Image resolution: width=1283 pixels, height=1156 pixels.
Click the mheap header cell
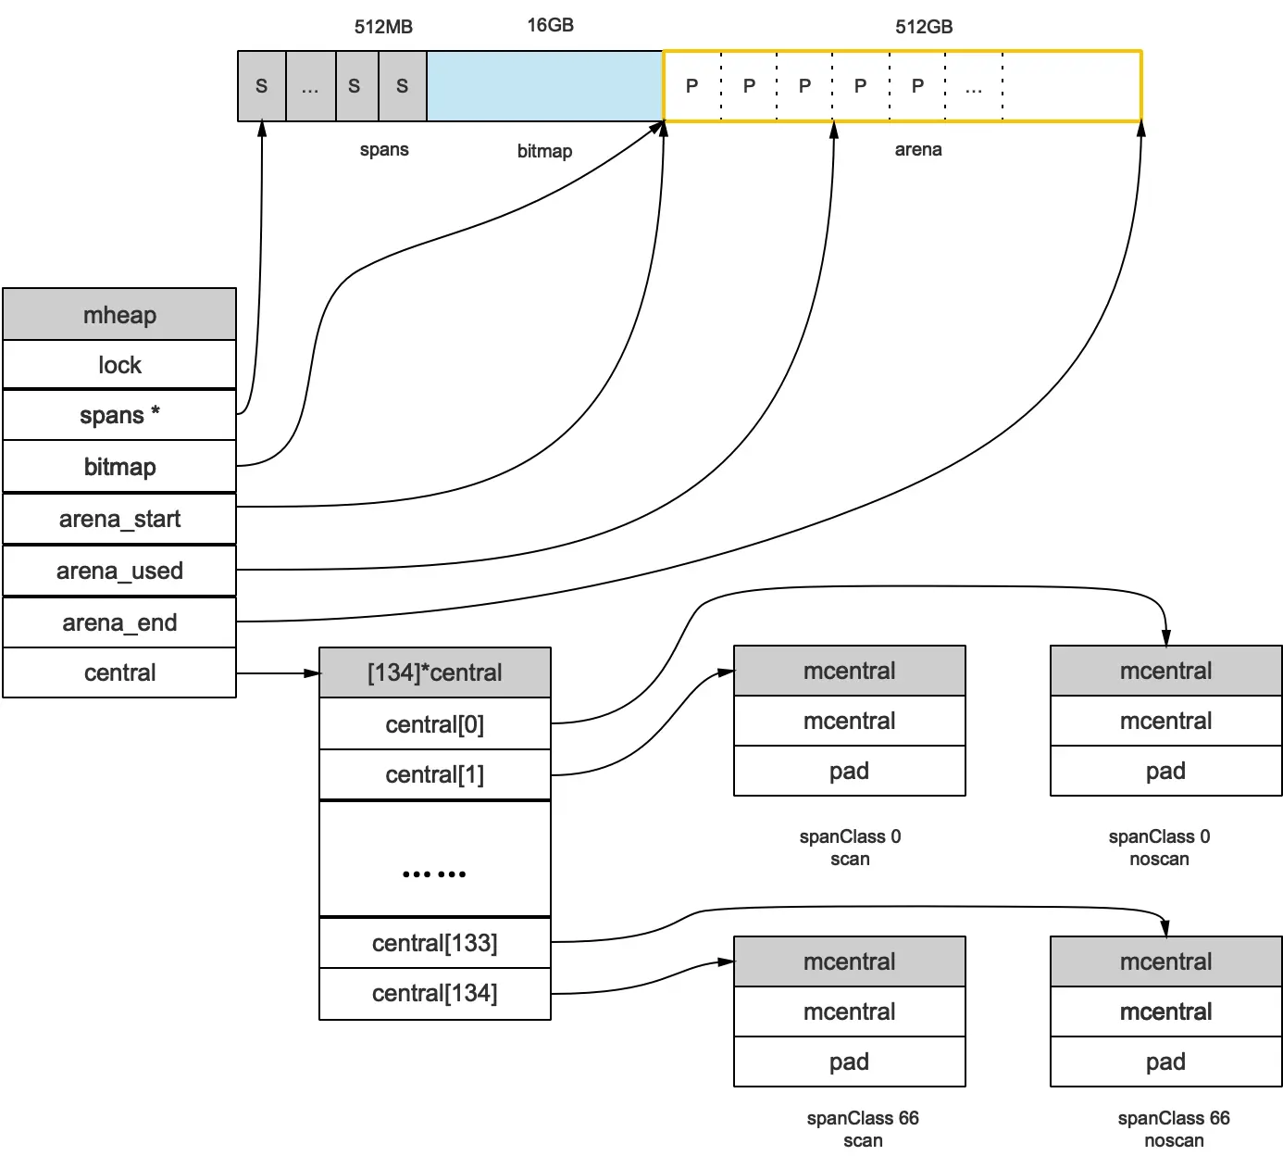tap(119, 315)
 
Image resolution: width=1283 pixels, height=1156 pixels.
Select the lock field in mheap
tap(119, 365)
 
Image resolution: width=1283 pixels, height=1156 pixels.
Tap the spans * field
tap(119, 415)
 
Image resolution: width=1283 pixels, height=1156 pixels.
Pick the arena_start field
tap(119, 519)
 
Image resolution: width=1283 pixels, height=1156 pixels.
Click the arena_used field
tap(119, 571)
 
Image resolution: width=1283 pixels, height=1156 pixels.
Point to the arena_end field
tap(119, 622)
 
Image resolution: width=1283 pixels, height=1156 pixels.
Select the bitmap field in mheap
tap(119, 467)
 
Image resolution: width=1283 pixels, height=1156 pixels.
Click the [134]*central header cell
tap(434, 672)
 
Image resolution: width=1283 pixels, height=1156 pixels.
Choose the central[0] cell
tap(434, 724)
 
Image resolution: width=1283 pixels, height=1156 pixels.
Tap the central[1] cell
tap(434, 774)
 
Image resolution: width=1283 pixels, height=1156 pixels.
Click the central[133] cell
tap(434, 943)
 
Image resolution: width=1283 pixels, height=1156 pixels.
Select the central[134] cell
tap(434, 993)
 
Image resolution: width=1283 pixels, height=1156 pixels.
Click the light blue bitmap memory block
tap(544, 86)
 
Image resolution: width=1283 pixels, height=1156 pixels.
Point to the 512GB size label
tap(923, 27)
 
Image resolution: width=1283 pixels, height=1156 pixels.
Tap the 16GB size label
tap(550, 25)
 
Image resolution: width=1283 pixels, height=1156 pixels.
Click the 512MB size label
tap(383, 27)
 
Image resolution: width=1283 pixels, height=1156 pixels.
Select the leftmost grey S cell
tap(262, 86)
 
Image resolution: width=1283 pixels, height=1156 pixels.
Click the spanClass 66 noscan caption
tap(1173, 1128)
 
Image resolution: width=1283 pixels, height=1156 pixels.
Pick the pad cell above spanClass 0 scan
tap(849, 771)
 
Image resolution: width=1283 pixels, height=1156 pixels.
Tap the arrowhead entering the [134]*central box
tap(312, 673)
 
